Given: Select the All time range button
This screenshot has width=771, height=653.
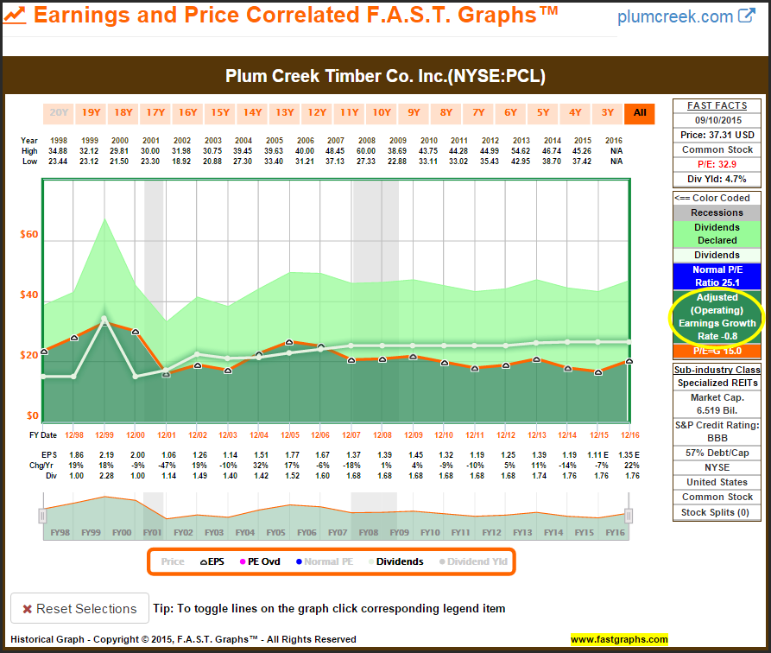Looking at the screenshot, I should click(640, 112).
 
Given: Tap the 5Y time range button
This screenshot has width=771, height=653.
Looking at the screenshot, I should click(543, 112).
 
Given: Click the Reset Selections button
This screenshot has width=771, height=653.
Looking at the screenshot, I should click(79, 609).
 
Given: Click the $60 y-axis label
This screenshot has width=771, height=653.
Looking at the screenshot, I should click(29, 235).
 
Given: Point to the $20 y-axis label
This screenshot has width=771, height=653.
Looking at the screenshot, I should click(29, 356).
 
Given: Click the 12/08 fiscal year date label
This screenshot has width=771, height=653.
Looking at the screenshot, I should click(382, 434).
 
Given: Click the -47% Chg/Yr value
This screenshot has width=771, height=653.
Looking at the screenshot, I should click(168, 464).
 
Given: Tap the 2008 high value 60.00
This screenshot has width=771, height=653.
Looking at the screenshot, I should click(366, 150).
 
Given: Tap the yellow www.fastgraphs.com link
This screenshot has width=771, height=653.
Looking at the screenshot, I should click(619, 640).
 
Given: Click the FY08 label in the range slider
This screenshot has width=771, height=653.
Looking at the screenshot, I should click(369, 532).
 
